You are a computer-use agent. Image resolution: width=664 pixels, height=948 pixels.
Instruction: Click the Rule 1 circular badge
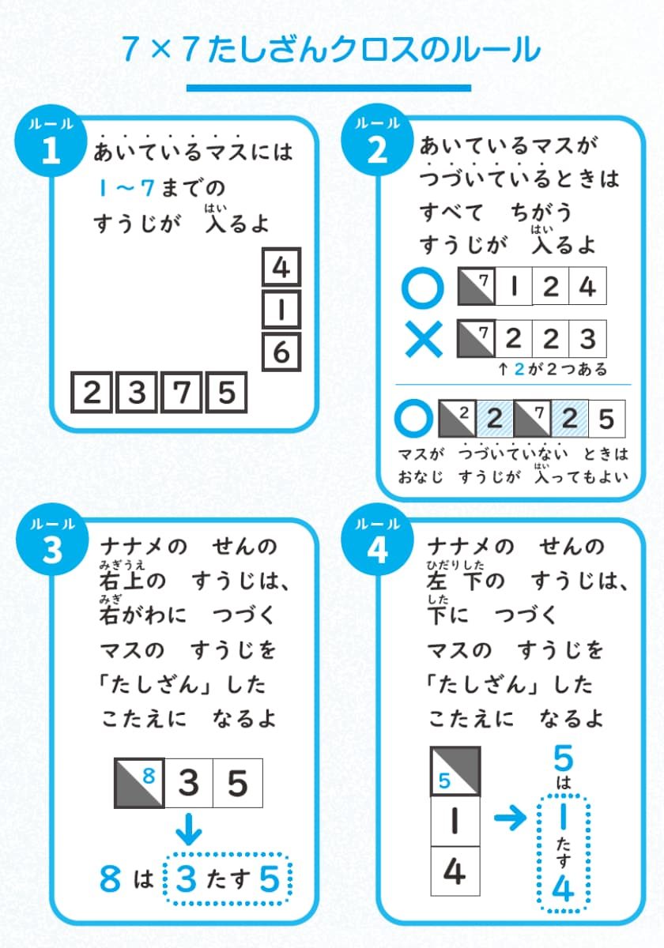(50, 145)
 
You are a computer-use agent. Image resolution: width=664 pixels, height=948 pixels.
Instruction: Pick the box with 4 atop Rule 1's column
(281, 269)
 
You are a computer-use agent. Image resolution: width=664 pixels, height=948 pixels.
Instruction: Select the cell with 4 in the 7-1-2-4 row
(587, 286)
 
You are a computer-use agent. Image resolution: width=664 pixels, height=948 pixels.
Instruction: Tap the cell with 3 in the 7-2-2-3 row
(587, 340)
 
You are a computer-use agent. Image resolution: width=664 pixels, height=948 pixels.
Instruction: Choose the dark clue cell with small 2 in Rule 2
(456, 419)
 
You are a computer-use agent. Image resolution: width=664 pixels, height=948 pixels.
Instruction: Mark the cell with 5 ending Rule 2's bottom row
(606, 419)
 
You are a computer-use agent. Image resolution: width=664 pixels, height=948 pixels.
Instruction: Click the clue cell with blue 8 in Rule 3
(140, 783)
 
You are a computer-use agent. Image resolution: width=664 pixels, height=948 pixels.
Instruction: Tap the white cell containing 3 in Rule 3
(188, 783)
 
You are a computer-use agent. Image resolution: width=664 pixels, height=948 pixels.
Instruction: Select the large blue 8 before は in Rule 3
(111, 878)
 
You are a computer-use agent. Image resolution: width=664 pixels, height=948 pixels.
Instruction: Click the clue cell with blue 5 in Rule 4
(455, 771)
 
